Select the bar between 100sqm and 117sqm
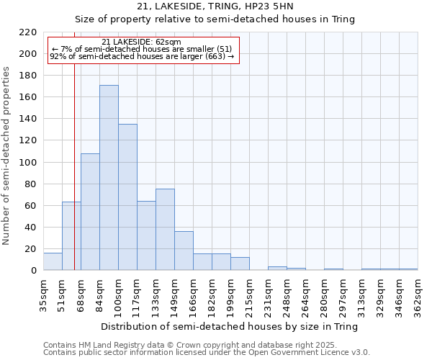[x=127, y=197]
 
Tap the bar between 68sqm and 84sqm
[x=90, y=212]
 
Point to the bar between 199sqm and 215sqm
[x=240, y=264]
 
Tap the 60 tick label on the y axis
[x=31, y=206]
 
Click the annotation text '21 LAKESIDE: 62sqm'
[x=142, y=42]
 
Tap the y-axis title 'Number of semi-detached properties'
[x=7, y=156]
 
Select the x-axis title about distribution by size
[x=230, y=326]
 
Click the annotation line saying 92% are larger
[x=142, y=56]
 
